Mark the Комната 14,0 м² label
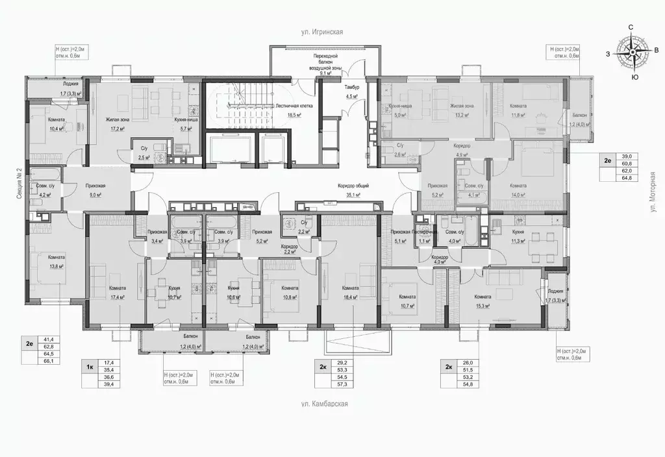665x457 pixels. [518, 189]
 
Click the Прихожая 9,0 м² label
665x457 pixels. [95, 189]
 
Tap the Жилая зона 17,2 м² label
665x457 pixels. [118, 124]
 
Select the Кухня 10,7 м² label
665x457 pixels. [173, 293]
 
